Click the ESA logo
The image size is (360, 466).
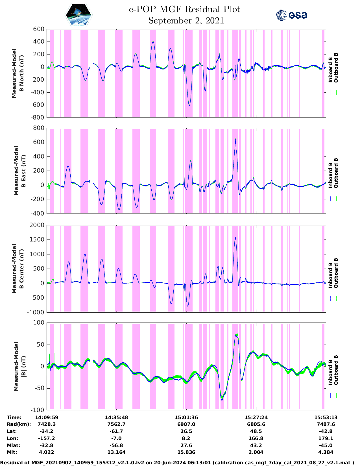pos(292,15)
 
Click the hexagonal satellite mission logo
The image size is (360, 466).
pos(78,15)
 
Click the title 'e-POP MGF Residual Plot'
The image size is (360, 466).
pos(185,9)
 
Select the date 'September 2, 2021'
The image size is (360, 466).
pos(186,21)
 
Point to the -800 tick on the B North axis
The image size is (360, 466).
pos(37,117)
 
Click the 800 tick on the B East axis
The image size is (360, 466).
pos(39,128)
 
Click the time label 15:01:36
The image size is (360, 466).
pos(186,417)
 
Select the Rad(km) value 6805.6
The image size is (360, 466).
pos(256,424)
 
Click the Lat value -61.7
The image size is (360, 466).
pos(116,431)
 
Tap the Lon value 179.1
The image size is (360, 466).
pos(326,438)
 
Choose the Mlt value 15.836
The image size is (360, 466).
pos(186,452)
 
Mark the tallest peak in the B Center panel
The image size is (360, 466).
pos(235,238)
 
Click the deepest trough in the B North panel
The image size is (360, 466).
pos(189,105)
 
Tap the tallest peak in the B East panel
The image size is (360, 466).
pos(235,139)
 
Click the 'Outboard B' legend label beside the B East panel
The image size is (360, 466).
pos(336,173)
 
